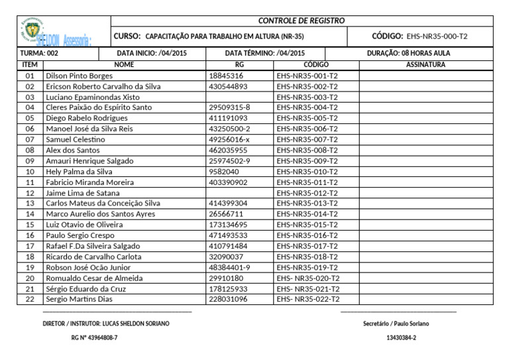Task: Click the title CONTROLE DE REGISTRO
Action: pos(302,21)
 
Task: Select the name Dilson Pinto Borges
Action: pos(79,76)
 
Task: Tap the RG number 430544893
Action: pos(228,87)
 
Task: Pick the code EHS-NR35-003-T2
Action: pos(308,97)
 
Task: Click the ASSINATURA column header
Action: pos(425,65)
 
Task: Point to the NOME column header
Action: pos(124,65)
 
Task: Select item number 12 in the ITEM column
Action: pos(29,193)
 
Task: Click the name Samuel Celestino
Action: pos(75,140)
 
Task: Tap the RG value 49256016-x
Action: pos(229,140)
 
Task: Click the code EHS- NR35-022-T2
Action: pos(308,299)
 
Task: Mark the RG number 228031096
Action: pos(228,299)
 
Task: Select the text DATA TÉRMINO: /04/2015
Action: pos(265,52)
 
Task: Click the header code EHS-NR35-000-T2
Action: pos(436,36)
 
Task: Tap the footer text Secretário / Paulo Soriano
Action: pos(396,324)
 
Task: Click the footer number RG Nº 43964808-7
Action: pos(94,338)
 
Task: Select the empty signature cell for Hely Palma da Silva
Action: pos(425,172)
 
